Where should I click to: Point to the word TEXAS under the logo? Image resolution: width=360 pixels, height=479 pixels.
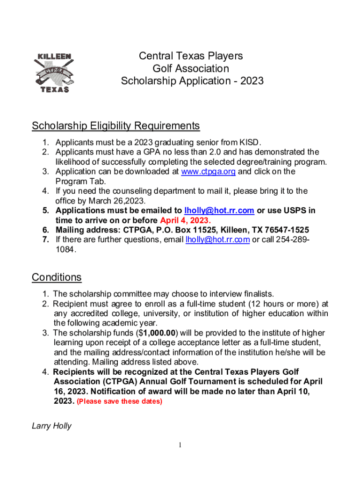(x=53, y=89)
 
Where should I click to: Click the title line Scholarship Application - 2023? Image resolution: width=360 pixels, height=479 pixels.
(x=192, y=81)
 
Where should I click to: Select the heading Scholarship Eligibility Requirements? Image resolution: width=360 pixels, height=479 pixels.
(x=115, y=126)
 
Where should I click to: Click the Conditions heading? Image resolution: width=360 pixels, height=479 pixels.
(x=57, y=277)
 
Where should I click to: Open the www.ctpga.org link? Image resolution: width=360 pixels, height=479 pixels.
(x=209, y=171)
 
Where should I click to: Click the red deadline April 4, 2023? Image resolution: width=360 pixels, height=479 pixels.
(x=185, y=220)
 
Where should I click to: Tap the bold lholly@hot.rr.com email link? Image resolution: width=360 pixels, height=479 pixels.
(x=219, y=210)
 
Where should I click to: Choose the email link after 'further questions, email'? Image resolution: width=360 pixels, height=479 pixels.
(x=217, y=240)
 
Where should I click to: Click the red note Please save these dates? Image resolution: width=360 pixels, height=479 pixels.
(x=119, y=402)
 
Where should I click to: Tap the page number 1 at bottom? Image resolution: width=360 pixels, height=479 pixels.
(x=180, y=445)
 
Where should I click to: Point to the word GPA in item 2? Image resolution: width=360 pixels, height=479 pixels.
(x=153, y=152)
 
